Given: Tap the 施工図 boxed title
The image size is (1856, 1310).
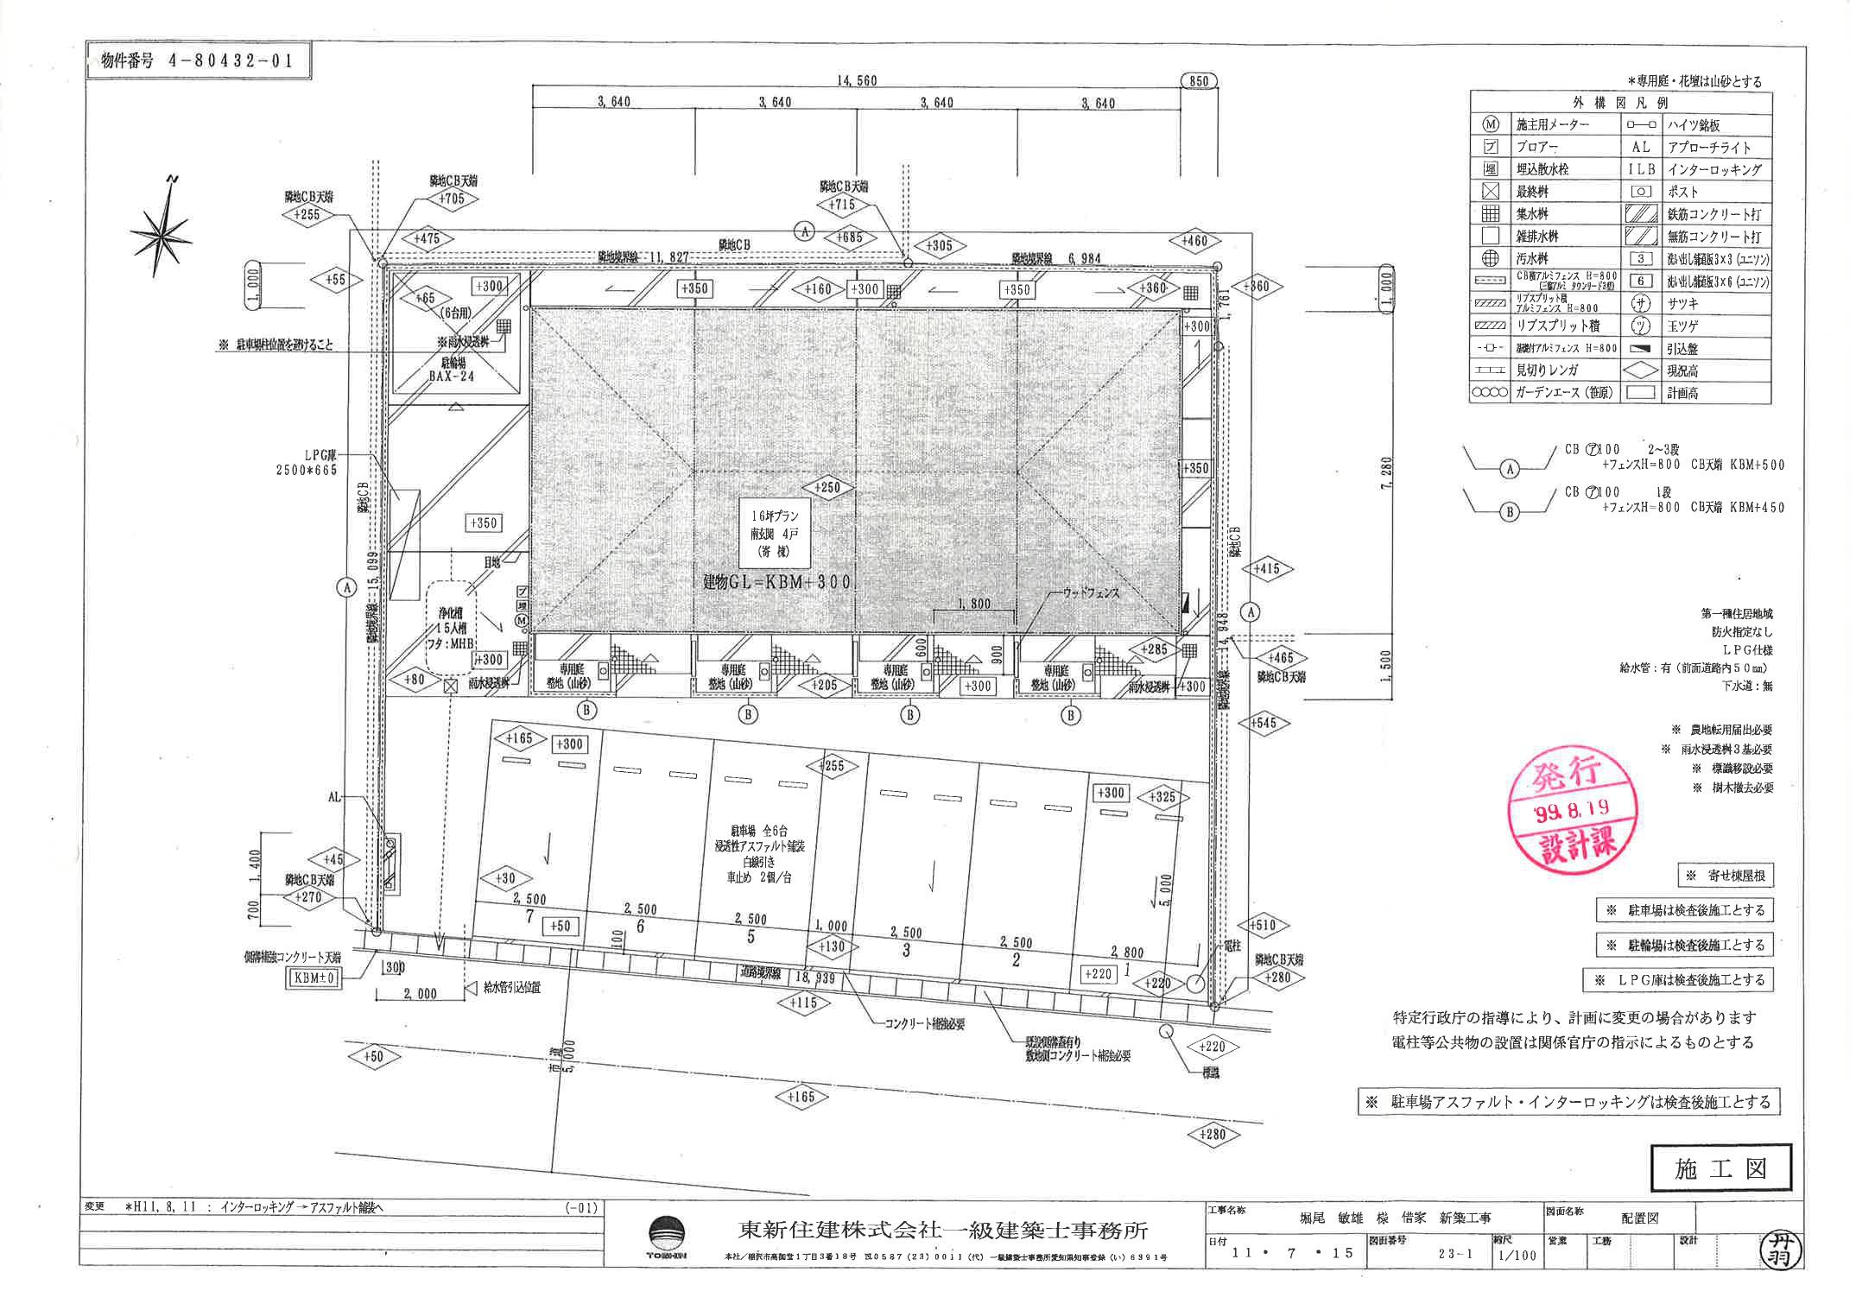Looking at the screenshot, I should (1720, 1168).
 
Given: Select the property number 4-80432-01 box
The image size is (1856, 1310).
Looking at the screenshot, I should (198, 60).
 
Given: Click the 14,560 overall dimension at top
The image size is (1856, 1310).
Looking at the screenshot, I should (856, 80).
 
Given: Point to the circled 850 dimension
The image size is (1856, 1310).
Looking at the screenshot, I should (1198, 81).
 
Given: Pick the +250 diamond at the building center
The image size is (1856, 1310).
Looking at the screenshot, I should (827, 487).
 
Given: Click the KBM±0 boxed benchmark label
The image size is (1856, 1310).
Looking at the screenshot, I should (314, 978).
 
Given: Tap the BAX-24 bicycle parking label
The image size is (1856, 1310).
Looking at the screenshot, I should (452, 377).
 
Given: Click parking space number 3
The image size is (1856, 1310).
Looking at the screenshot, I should (906, 950).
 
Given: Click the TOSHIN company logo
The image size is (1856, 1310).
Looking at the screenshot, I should (668, 1237).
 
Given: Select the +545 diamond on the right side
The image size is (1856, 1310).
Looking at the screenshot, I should (1263, 724).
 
